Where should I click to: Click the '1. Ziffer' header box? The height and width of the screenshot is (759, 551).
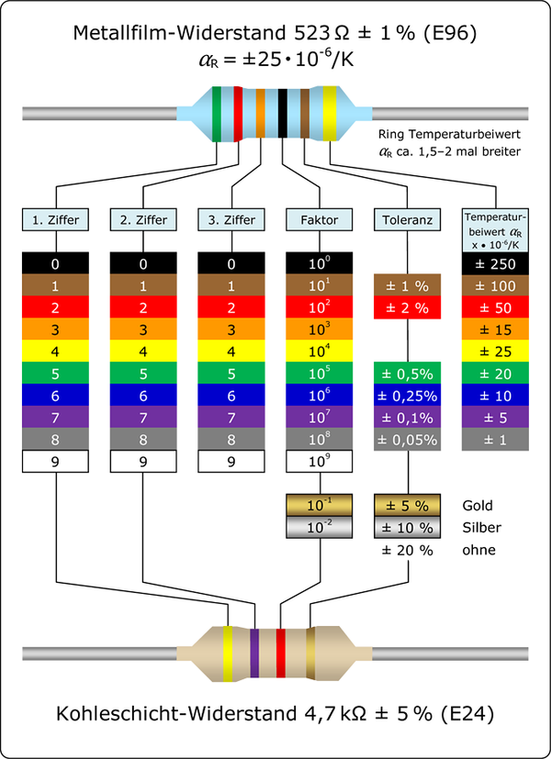click(56, 220)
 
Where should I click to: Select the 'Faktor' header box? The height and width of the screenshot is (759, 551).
click(320, 220)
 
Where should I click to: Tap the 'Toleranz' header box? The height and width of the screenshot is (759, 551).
click(408, 220)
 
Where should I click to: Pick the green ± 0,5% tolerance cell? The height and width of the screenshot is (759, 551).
click(408, 374)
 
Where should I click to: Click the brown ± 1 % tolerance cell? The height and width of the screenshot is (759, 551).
click(408, 285)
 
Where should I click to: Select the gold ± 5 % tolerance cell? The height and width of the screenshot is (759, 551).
click(408, 506)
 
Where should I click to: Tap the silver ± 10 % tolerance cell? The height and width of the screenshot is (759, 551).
click(408, 527)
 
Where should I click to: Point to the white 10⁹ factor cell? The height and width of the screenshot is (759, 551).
click(320, 462)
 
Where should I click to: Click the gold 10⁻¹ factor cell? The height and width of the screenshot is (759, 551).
click(320, 506)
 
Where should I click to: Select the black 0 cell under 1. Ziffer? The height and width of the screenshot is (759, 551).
click(56, 263)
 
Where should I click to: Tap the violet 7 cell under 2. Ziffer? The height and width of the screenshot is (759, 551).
click(144, 418)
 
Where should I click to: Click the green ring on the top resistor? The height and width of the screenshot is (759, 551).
click(217, 115)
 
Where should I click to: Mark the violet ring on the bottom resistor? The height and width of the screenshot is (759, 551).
click(254, 653)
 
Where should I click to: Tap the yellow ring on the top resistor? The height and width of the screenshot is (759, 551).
click(329, 115)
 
